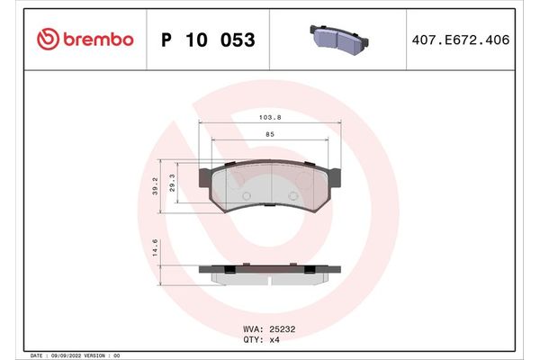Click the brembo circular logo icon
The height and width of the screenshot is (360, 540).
click(49, 40)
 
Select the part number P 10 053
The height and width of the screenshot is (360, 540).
click(207, 40)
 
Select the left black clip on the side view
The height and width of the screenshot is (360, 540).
click(229, 269)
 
